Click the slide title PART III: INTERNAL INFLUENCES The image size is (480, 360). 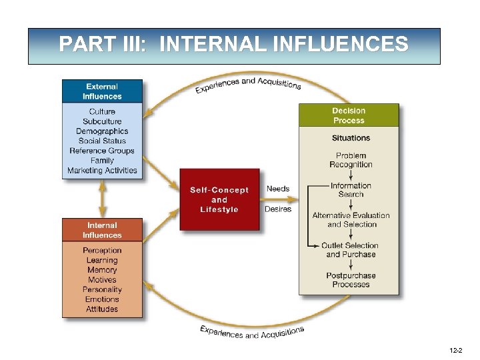coord(233,45)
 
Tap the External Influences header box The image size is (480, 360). coord(102,91)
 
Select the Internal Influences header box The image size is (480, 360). coord(102,230)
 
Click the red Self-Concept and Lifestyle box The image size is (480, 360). coord(219,199)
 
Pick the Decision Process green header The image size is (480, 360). coord(349,115)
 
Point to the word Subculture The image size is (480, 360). coord(102,121)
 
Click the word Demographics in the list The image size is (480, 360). coord(102,131)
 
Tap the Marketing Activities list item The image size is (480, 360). coord(102,171)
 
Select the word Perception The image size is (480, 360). coord(102,251)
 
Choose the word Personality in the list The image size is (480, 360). coord(102,290)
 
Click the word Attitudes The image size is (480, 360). coord(102,309)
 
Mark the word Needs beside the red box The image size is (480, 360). coord(278,189)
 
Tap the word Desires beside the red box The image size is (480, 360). coord(278,209)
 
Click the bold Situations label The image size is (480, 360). coord(351,138)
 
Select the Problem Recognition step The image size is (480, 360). coord(351,160)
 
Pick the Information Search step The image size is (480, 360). coord(351,190)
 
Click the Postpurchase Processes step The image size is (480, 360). coord(351,280)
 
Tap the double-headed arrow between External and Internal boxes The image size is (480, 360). coord(102,198)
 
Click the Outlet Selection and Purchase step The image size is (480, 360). coord(351,250)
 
